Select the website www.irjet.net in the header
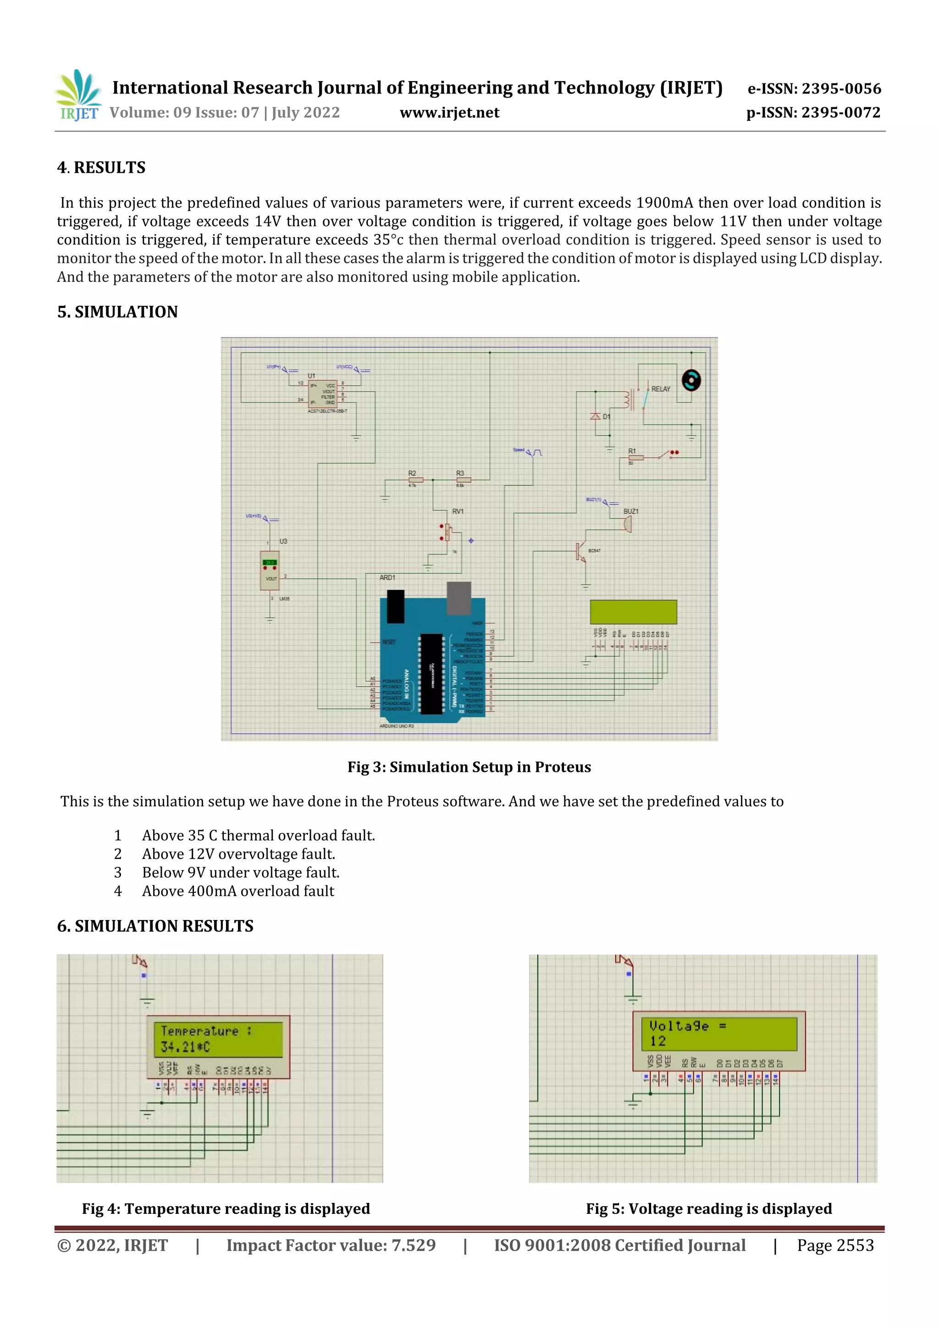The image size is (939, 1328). tap(449, 113)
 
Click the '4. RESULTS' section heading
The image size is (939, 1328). tap(101, 168)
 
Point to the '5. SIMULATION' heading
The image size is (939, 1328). tap(117, 312)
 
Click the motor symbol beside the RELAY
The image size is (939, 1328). tap(691, 380)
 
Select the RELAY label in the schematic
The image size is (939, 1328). tap(661, 389)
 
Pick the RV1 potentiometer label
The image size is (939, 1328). tap(458, 511)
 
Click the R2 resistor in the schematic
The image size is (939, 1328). tap(415, 480)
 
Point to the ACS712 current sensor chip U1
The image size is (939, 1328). tap(322, 394)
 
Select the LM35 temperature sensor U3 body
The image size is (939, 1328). tap(270, 570)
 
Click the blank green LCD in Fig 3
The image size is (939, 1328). tap(633, 612)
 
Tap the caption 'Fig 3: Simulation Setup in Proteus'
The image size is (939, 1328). tap(469, 767)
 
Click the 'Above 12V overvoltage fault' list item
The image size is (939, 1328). tap(238, 854)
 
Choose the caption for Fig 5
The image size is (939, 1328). tap(709, 1208)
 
